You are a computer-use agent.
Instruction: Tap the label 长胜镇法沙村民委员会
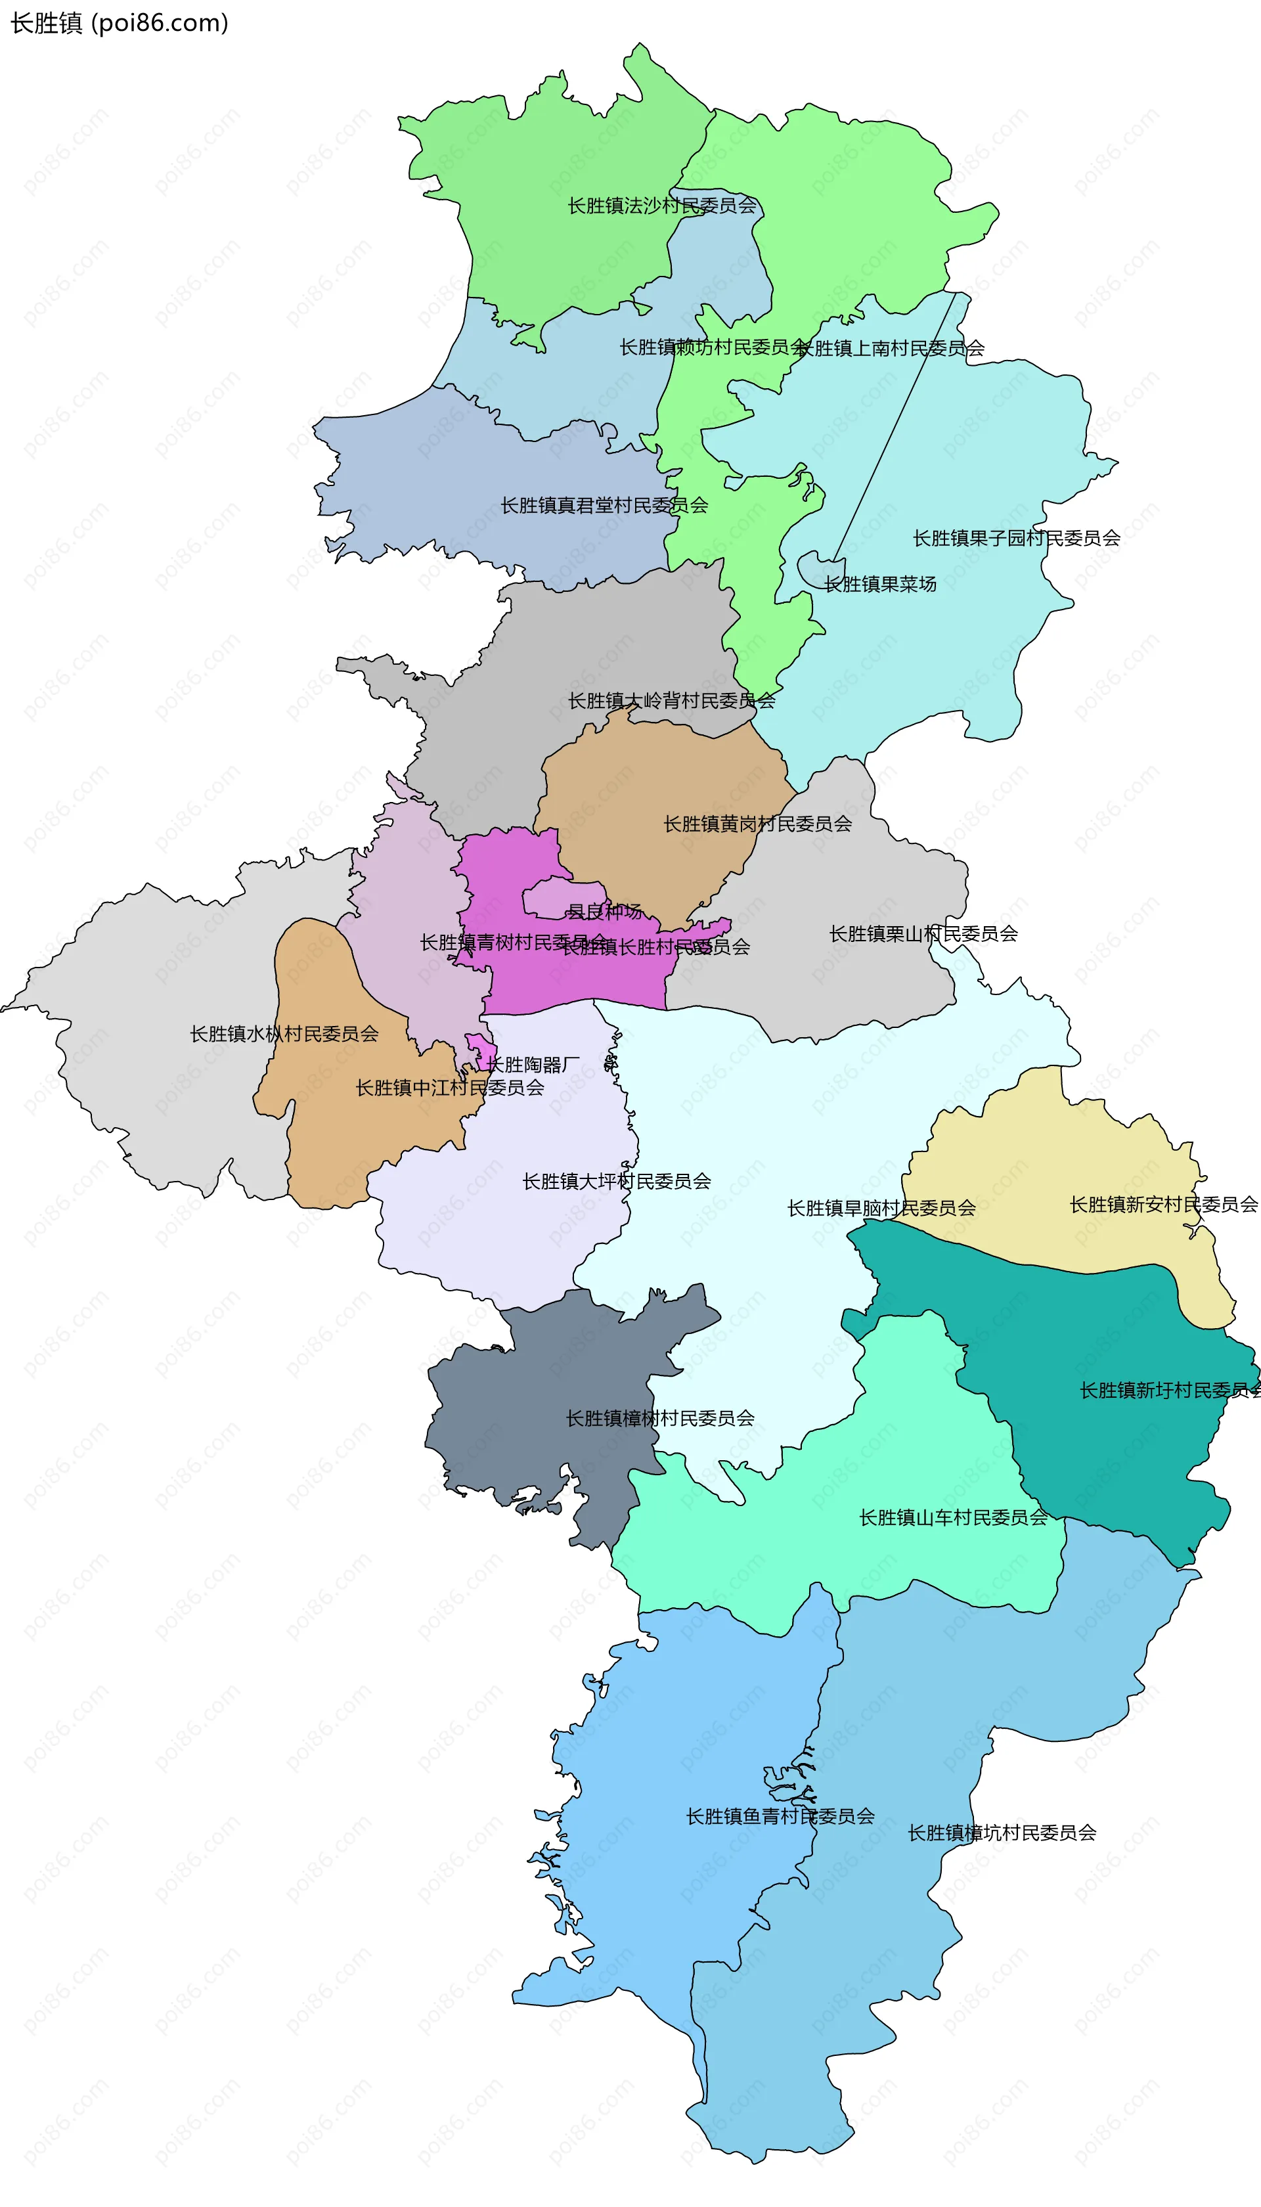point(661,206)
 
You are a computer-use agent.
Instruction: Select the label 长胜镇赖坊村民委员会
point(712,347)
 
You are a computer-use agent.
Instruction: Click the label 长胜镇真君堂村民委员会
point(604,505)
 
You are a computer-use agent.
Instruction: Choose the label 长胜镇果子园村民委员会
point(1016,538)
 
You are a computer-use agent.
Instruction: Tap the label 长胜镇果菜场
point(880,584)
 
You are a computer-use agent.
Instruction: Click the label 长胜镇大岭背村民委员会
point(671,700)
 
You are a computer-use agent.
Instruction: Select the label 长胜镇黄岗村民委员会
point(757,824)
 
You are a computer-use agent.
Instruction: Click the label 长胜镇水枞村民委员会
point(284,1033)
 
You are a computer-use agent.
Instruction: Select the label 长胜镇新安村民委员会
point(1163,1205)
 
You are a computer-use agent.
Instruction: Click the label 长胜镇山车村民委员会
point(953,1517)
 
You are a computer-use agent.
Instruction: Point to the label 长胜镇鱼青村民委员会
point(780,1816)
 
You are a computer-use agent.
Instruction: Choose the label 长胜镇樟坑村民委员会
point(1002,1833)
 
